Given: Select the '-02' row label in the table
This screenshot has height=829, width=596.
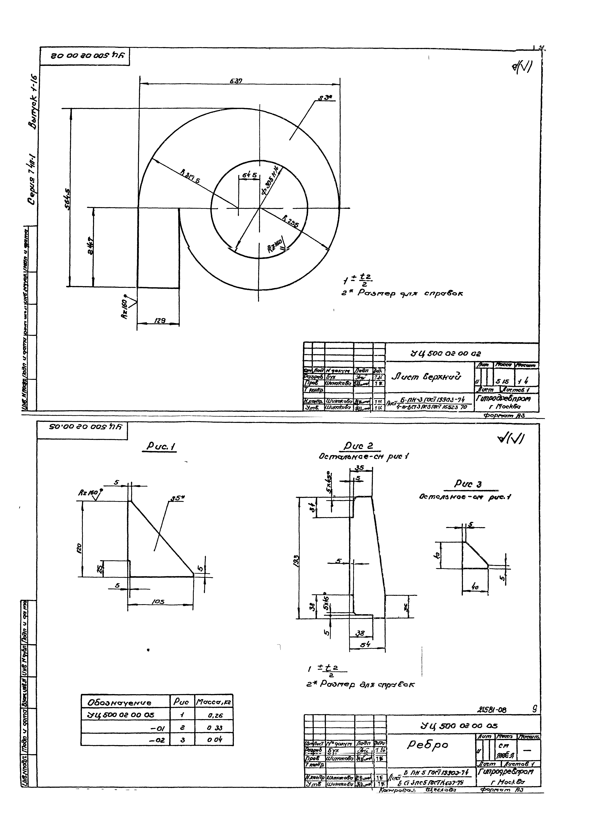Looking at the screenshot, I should click(x=158, y=740).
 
